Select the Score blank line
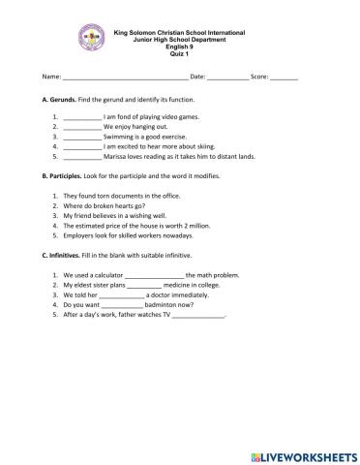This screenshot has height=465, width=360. tap(285, 76)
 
